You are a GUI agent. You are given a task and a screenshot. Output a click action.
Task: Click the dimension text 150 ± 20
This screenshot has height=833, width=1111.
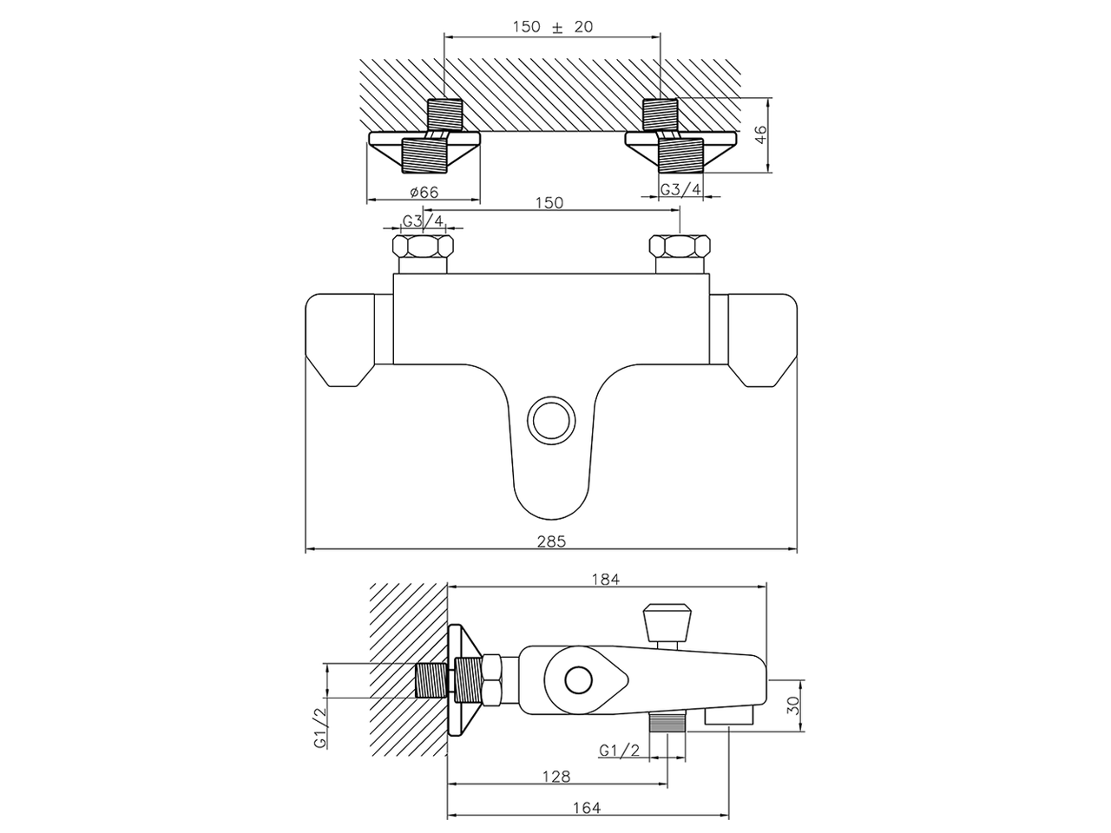tap(552, 27)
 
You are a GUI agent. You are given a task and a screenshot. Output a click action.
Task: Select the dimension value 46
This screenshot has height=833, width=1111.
tap(761, 134)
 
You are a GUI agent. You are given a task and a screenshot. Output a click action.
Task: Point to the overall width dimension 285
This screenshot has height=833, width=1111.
tap(551, 541)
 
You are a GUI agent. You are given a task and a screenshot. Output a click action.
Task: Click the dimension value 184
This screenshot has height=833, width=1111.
tap(606, 580)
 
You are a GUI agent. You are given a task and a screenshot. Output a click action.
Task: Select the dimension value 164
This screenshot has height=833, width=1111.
tap(587, 808)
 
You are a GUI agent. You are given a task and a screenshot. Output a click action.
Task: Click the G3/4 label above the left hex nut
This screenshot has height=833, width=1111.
tap(423, 221)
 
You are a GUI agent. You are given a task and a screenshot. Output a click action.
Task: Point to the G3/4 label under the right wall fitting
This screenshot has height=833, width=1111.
tap(680, 190)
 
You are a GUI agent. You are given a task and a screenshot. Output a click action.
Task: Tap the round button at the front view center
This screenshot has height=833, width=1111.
tap(552, 420)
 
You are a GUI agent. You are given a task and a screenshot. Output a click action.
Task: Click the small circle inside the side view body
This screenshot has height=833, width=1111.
tap(576, 679)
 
